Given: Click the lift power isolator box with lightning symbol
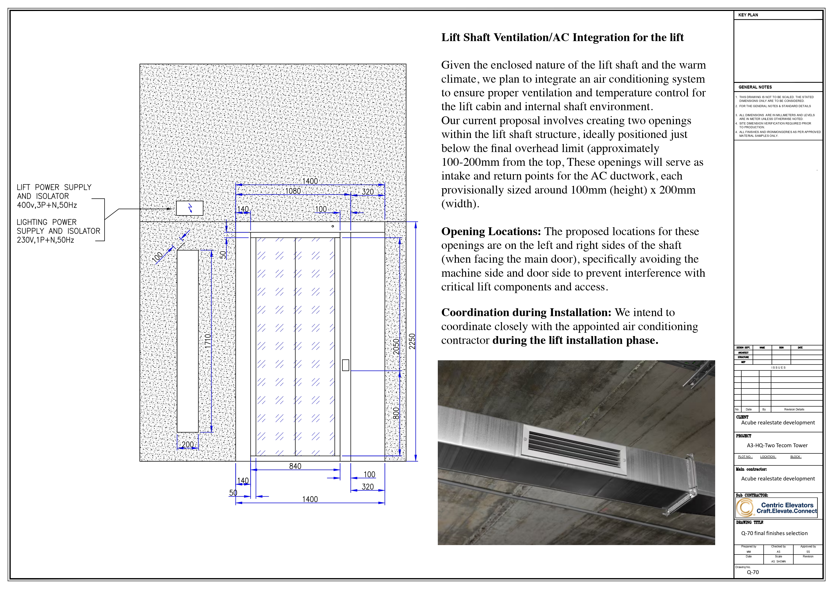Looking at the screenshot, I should pyautogui.click(x=190, y=208).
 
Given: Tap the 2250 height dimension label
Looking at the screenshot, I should pyautogui.click(x=412, y=341).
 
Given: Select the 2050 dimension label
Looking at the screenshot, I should pyautogui.click(x=396, y=346).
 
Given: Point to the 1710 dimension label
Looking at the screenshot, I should pyautogui.click(x=207, y=341).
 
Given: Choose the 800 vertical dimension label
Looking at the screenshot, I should pyautogui.click(x=396, y=413).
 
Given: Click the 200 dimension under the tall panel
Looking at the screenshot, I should pyautogui.click(x=188, y=445).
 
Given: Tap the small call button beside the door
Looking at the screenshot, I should pyautogui.click(x=345, y=365).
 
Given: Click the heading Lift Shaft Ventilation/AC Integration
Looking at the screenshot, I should pyautogui.click(x=562, y=37).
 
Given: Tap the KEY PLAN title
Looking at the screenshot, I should pyautogui.click(x=748, y=15).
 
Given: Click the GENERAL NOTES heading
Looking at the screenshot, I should pyautogui.click(x=755, y=87).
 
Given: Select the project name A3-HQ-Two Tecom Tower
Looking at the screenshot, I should pyautogui.click(x=777, y=445).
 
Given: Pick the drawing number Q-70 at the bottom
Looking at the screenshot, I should pyautogui.click(x=753, y=572).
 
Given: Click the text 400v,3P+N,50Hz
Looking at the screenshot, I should pyautogui.click(x=47, y=205).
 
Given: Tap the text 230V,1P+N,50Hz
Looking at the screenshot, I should pyautogui.click(x=45, y=240).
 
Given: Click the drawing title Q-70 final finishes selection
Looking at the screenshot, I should pyautogui.click(x=774, y=533).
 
